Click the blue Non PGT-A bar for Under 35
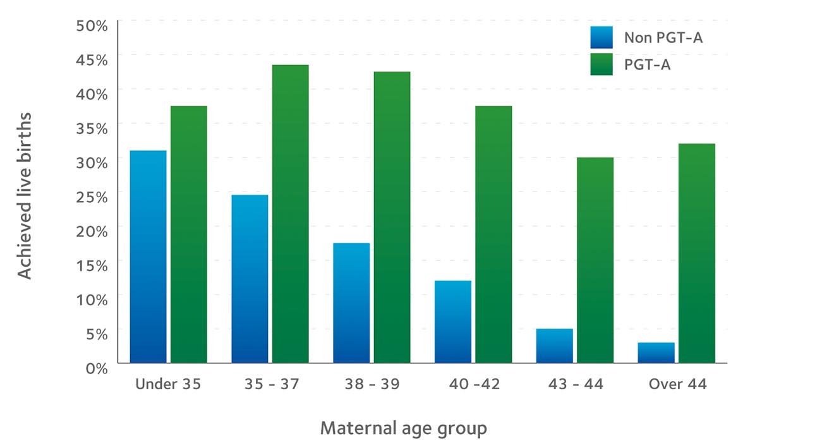coord(148,257)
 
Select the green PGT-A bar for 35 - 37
coord(290,214)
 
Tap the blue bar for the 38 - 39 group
coord(351,303)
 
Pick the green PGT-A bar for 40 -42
coord(493,234)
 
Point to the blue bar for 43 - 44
coord(554,346)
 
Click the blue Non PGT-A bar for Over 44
coord(656,353)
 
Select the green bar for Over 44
coord(696,253)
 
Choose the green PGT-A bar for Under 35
coord(188,234)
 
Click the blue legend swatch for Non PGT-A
coord(601,38)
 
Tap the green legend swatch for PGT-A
coord(601,64)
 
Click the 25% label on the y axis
coord(93,197)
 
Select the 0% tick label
coord(97,368)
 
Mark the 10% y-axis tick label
coord(93,299)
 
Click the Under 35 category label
coord(167,384)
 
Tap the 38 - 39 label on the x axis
coord(372,384)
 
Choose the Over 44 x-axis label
coord(677,384)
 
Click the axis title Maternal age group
coord(403,428)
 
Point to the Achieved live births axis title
coord(24,196)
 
